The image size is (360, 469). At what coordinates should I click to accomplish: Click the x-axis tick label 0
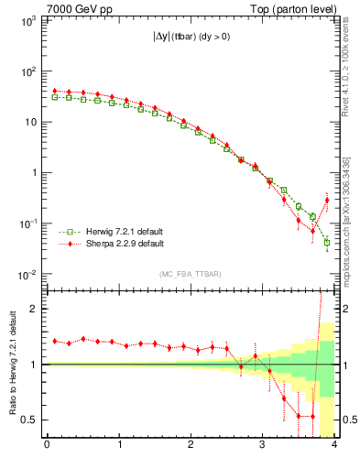pyautogui.click(x=47, y=446)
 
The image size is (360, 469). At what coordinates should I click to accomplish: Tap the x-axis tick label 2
pyautogui.click(x=191, y=446)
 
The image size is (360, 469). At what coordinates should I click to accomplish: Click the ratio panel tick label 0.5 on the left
pyautogui.click(x=29, y=420)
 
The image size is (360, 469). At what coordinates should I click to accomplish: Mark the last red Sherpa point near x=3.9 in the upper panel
pyautogui.click(x=327, y=200)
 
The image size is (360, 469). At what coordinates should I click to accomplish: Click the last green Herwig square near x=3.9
pyautogui.click(x=327, y=243)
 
